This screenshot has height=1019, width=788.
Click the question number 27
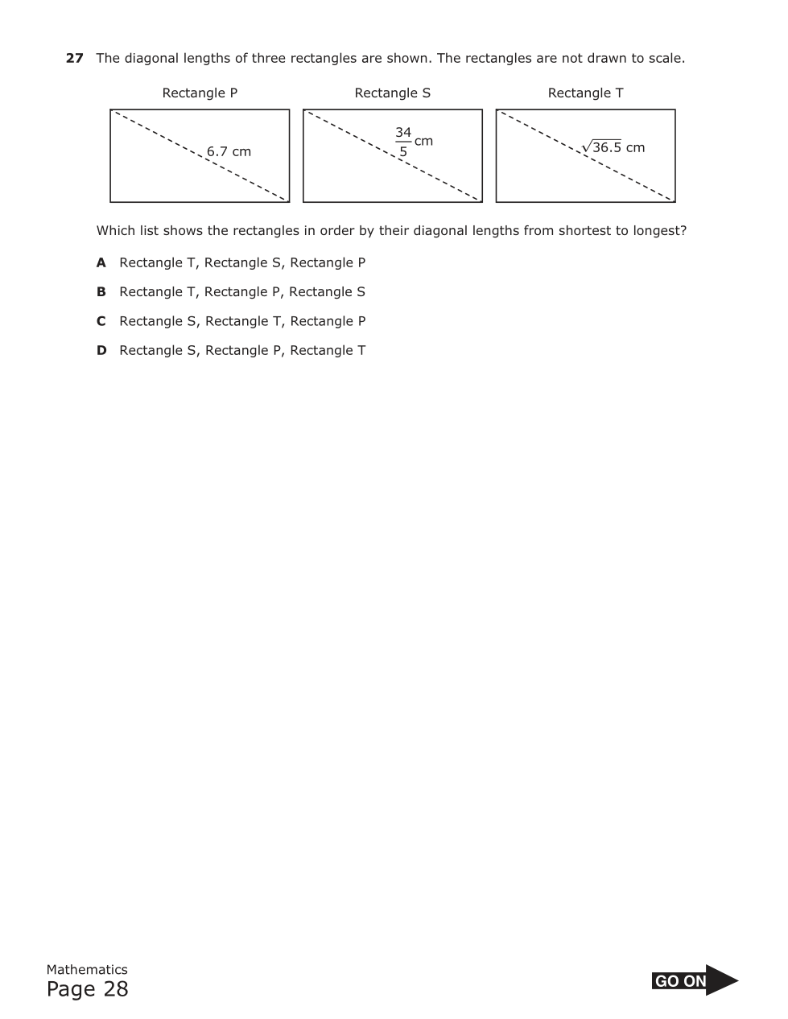74,58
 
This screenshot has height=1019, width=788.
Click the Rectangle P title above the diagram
200,93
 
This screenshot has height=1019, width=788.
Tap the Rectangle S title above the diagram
392,93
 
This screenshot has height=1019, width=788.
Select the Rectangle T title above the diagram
585,93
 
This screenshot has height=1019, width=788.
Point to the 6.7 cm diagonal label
229,151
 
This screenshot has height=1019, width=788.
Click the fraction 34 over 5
403,142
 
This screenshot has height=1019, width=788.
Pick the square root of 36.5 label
603,146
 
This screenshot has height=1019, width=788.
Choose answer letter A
101,262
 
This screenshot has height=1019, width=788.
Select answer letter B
101,291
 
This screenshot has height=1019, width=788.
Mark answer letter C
101,321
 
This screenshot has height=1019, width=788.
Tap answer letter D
101,350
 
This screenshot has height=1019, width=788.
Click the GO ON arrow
694,980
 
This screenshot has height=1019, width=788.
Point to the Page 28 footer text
87,989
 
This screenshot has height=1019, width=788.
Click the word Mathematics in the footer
87,969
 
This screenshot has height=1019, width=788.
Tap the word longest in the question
657,231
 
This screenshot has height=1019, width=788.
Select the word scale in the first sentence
665,58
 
